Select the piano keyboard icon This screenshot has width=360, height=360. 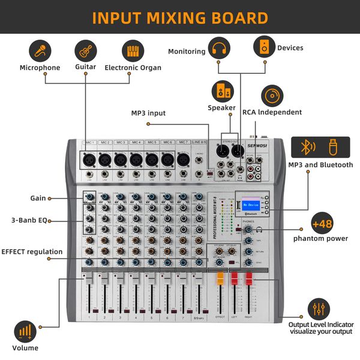pos(133,50)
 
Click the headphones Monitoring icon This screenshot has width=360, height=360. pos(219,47)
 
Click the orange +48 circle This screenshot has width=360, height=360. pos(322,224)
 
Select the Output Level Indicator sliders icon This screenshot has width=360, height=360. pos(318,309)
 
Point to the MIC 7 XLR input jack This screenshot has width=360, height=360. pos(182,160)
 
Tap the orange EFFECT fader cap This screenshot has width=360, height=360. pos(220,279)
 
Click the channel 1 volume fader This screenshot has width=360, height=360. pos(88,282)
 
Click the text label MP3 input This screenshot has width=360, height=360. pos(148,113)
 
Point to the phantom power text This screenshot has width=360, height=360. pos(321,239)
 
